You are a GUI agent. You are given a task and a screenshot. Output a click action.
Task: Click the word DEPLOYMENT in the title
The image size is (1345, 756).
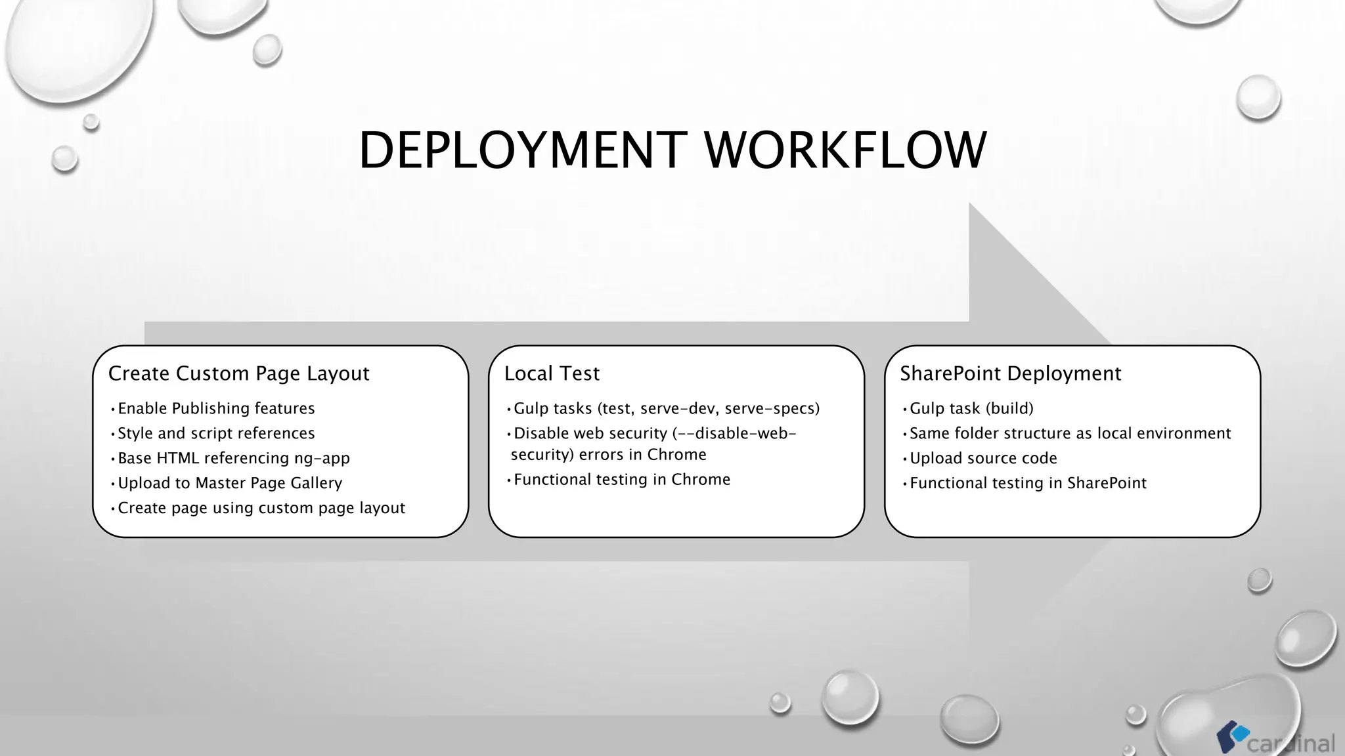pyautogui.click(x=523, y=150)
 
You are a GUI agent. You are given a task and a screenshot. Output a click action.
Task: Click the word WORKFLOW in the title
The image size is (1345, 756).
pyautogui.click(x=845, y=150)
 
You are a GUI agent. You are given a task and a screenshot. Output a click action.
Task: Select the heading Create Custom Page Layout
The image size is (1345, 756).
pyautogui.click(x=238, y=373)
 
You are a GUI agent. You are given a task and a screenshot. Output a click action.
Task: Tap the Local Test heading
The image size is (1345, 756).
pyautogui.click(x=552, y=373)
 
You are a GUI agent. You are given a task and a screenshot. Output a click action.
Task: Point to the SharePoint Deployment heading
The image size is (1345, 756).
pyautogui.click(x=1010, y=373)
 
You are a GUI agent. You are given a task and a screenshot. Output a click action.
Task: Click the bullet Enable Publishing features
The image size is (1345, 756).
pyautogui.click(x=216, y=408)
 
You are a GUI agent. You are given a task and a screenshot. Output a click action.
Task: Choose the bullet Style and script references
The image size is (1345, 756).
pyautogui.click(x=216, y=433)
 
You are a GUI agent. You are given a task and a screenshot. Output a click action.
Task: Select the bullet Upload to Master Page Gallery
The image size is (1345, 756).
pyautogui.click(x=230, y=483)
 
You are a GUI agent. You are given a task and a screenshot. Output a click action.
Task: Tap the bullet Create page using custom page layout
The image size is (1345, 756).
pyautogui.click(x=261, y=508)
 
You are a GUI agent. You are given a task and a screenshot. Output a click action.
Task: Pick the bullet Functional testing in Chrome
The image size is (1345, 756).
pyautogui.click(x=621, y=480)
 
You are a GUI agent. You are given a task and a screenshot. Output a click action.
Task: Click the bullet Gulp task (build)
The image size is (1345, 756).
pyautogui.click(x=971, y=408)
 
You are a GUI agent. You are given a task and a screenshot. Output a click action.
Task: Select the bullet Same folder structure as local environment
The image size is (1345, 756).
pyautogui.click(x=1070, y=433)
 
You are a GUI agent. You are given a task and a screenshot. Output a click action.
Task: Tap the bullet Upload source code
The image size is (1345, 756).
pyautogui.click(x=983, y=458)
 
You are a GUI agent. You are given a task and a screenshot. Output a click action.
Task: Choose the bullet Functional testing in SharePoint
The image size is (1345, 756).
pyautogui.click(x=1028, y=483)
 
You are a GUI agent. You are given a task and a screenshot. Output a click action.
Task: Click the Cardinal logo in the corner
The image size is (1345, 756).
pyautogui.click(x=1275, y=740)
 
